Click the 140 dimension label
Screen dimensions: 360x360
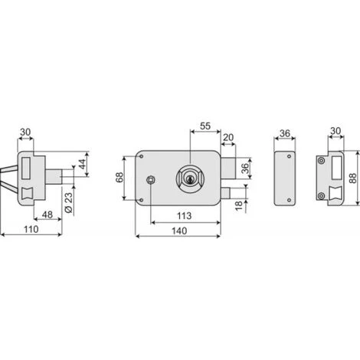click(x=179, y=231)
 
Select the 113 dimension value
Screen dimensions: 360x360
click(x=184, y=216)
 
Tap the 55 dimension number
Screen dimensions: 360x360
click(x=205, y=126)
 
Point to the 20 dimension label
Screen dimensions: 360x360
click(x=228, y=137)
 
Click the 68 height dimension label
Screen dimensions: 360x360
click(x=119, y=178)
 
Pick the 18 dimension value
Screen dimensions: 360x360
click(x=239, y=205)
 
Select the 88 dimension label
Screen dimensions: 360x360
click(x=352, y=178)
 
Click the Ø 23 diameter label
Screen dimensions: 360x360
click(x=69, y=202)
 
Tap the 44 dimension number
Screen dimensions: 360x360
click(x=82, y=164)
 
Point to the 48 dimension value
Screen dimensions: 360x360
click(x=47, y=214)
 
